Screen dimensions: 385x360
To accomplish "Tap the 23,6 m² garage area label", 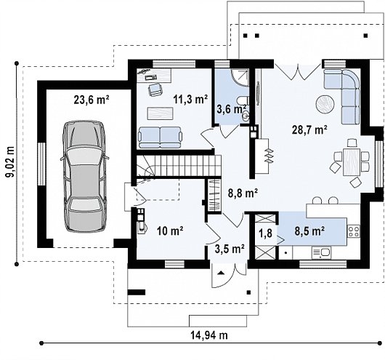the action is (x=92, y=100).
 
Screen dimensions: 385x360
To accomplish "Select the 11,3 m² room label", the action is (x=190, y=100).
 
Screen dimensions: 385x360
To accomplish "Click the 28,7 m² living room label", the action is (x=309, y=129).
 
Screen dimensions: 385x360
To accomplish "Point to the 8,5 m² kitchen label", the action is (x=310, y=231).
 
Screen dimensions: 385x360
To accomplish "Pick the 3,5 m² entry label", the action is (x=230, y=249).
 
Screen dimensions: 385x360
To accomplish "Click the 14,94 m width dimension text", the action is (x=209, y=335).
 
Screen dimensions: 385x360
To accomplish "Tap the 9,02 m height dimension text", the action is (x=10, y=162).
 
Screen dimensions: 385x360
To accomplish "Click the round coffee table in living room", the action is (x=325, y=103).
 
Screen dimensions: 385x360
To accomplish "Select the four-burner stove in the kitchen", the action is (x=354, y=231).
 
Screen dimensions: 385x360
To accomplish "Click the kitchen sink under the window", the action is (x=321, y=253).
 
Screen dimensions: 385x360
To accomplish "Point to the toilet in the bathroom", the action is (x=243, y=101).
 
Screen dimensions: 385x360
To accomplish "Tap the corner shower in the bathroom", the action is (x=240, y=78).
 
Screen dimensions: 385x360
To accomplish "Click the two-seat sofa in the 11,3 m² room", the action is (x=160, y=137).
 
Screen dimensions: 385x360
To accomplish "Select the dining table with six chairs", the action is (x=352, y=161).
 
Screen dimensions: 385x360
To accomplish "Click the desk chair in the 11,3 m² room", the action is (x=155, y=89).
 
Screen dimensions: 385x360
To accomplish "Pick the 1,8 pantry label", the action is (x=266, y=233).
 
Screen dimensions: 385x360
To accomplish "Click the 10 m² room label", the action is (x=170, y=231).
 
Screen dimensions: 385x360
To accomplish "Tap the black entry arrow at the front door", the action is (x=222, y=273).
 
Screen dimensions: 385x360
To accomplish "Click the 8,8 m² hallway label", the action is (x=243, y=193).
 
